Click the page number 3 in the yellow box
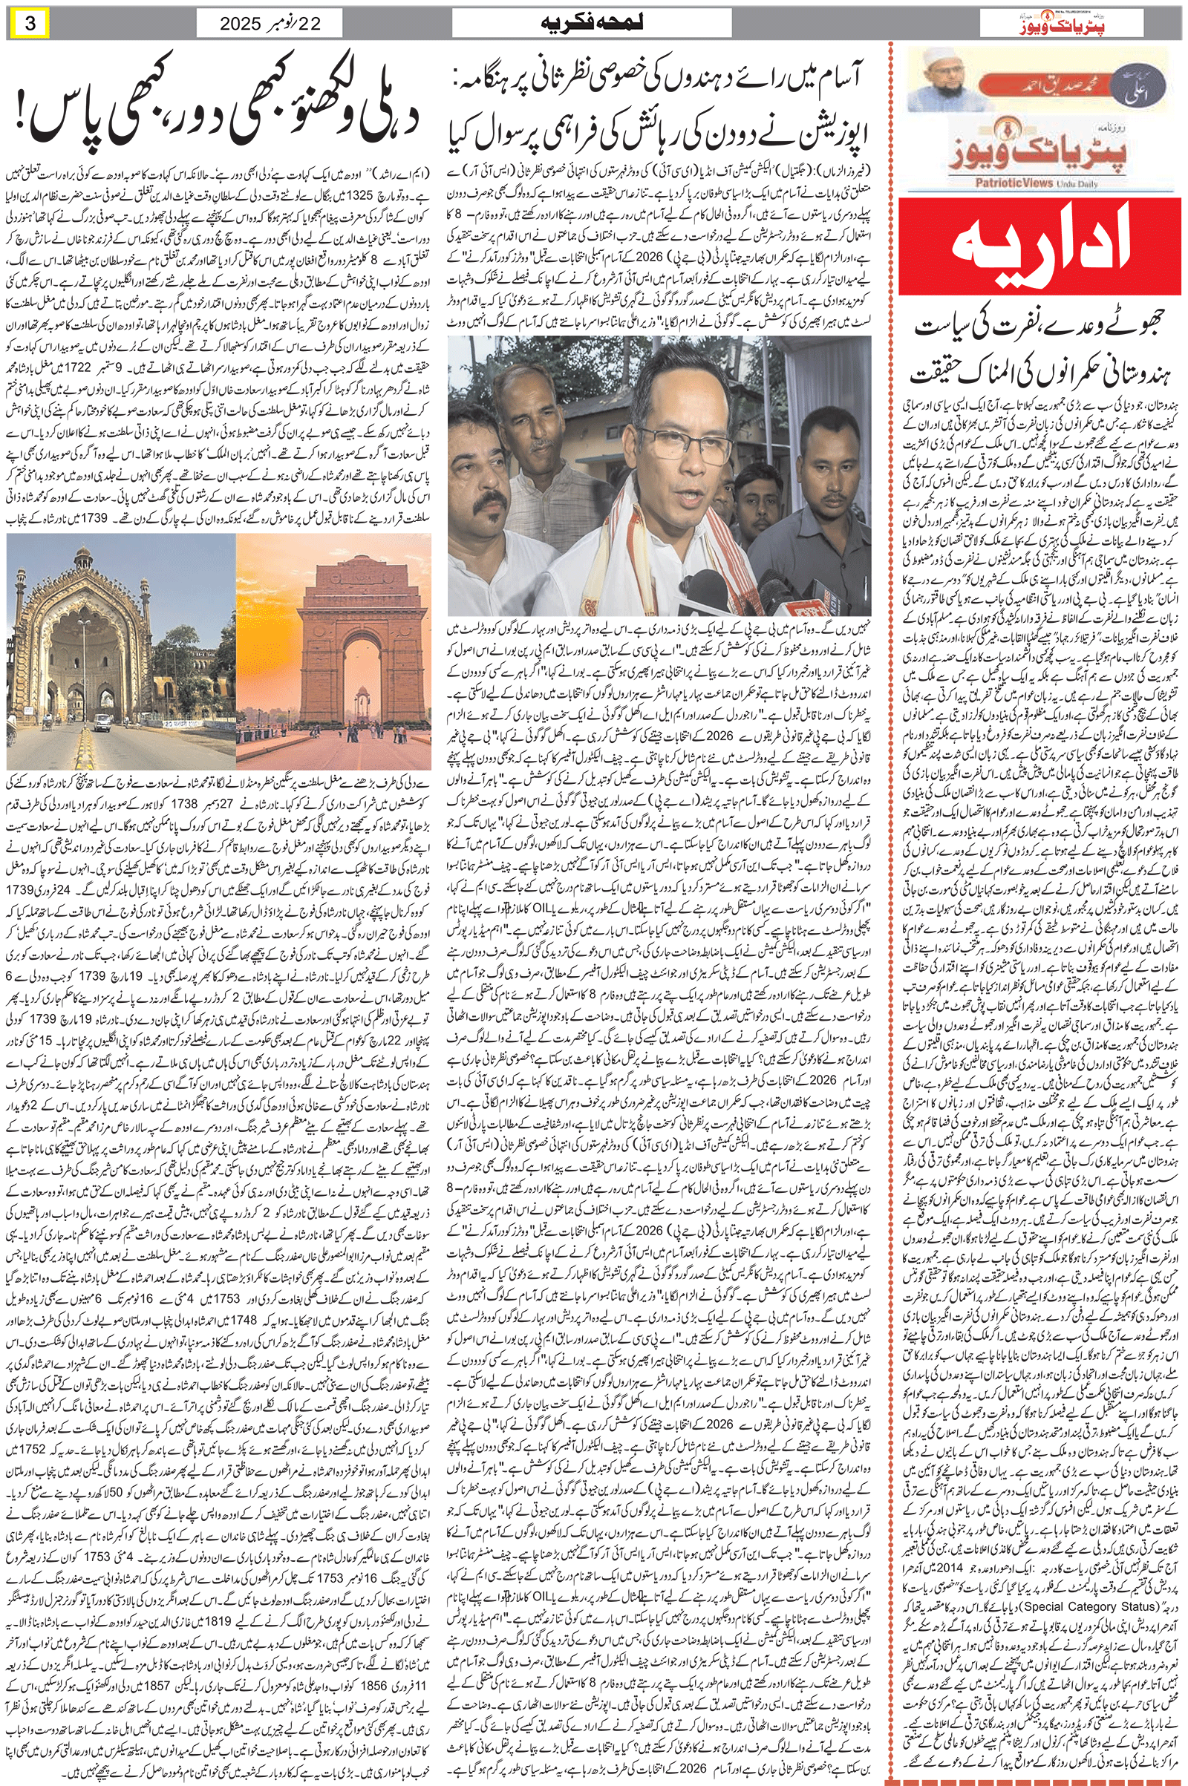pyautogui.click(x=30, y=24)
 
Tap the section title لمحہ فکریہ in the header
pyautogui.click(x=592, y=24)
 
